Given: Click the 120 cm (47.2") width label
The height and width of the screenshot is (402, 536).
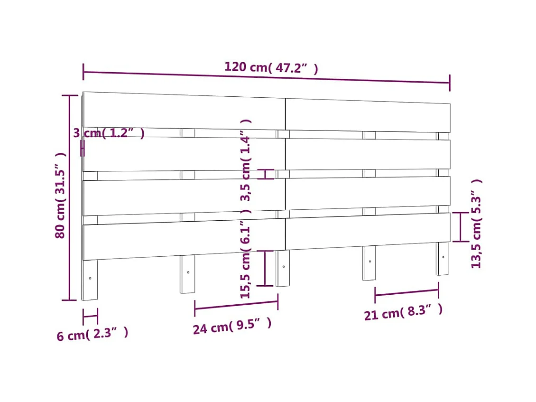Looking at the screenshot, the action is click(x=271, y=67).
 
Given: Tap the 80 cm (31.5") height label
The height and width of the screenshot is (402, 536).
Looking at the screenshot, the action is click(x=60, y=195).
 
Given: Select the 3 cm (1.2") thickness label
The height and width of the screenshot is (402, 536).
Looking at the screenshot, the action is click(x=109, y=133).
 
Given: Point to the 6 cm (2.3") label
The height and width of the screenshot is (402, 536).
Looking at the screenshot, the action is click(x=92, y=334).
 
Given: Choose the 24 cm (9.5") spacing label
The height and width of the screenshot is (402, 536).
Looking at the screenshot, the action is click(x=232, y=326).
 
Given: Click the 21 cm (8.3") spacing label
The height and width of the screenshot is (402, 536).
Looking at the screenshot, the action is click(x=403, y=312).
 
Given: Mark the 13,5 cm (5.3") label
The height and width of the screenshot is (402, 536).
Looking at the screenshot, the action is click(x=476, y=224).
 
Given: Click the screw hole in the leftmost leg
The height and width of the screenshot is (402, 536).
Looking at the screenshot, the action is click(x=90, y=278).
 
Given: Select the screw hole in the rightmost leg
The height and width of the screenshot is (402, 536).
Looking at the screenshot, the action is click(x=443, y=257).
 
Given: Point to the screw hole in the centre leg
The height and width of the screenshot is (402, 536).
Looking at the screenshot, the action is click(x=283, y=267).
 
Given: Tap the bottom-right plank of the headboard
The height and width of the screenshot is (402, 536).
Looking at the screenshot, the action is click(x=368, y=231).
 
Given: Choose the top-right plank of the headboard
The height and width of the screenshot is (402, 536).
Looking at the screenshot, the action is click(x=368, y=115).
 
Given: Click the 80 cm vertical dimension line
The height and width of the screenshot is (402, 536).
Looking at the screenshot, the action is click(x=70, y=197).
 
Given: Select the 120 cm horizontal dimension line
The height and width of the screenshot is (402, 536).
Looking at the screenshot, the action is click(x=266, y=77).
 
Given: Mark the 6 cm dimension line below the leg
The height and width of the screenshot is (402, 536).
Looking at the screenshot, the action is click(x=90, y=316).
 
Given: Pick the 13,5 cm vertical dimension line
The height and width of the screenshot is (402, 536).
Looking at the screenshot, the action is click(x=460, y=227).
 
